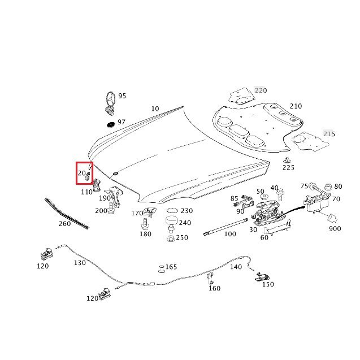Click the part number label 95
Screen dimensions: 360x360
(x=122, y=96)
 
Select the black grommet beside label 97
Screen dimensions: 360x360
(x=110, y=124)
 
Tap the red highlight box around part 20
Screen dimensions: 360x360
(x=84, y=172)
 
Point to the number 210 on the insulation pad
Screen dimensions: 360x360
(x=296, y=106)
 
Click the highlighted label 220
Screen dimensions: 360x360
(x=260, y=90)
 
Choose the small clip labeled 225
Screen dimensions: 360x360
(x=287, y=159)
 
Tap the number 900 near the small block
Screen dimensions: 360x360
(x=335, y=229)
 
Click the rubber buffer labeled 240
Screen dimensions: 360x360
(x=171, y=222)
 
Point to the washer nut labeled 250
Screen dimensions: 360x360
(x=170, y=238)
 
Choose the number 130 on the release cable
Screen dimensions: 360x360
(x=79, y=263)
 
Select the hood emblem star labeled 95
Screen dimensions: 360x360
(x=110, y=102)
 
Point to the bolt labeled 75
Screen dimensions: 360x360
(x=313, y=186)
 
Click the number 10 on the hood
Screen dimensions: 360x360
(x=155, y=109)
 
